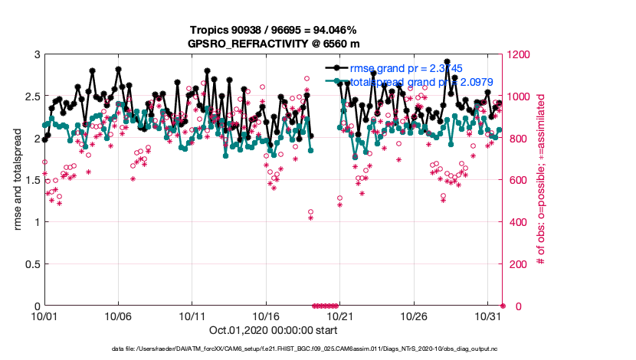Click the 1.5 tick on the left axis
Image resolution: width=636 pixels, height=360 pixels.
click(31, 180)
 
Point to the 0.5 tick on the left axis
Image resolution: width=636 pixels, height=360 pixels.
click(31, 264)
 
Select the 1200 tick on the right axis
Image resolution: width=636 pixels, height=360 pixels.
click(521, 54)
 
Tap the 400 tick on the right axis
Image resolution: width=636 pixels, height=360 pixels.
click(519, 222)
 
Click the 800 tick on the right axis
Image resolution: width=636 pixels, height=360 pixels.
click(519, 139)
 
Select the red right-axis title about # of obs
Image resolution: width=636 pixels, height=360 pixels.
click(541, 180)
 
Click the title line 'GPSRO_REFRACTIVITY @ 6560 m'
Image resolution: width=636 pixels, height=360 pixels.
click(274, 44)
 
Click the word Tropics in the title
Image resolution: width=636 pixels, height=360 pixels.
click(210, 31)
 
